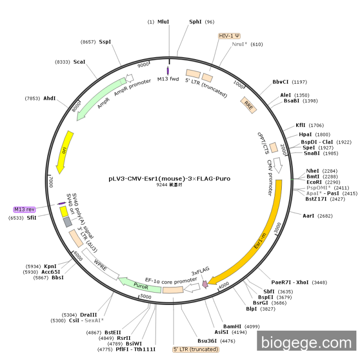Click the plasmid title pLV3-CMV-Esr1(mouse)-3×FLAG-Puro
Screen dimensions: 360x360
click(x=169, y=179)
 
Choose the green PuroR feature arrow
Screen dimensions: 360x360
click(x=139, y=285)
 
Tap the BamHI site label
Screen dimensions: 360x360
click(x=232, y=326)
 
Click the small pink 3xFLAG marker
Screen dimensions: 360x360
click(x=205, y=283)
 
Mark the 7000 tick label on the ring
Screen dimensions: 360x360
click(x=50, y=182)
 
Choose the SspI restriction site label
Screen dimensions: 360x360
click(x=105, y=42)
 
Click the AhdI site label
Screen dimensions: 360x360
click(x=49, y=98)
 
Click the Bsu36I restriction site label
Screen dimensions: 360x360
click(x=209, y=340)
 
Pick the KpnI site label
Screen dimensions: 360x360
click(x=50, y=266)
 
